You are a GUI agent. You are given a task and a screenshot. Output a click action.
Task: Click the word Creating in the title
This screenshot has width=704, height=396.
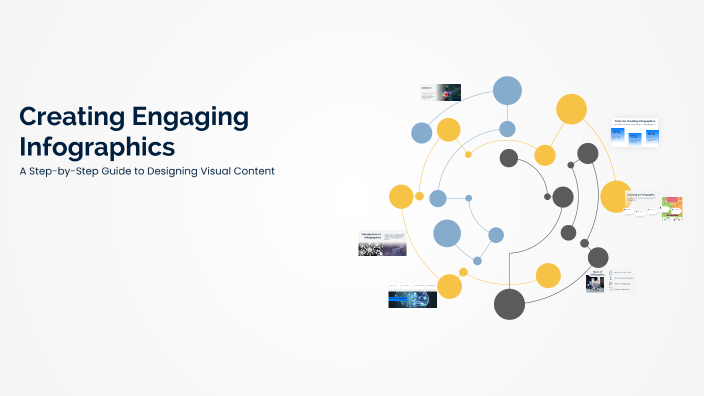(66, 117)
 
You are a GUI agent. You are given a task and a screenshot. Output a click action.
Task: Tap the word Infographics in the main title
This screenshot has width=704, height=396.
(97, 148)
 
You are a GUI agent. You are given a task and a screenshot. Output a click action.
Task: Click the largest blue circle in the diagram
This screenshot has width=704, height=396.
(508, 90)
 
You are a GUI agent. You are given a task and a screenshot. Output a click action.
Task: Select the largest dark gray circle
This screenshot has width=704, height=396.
(509, 303)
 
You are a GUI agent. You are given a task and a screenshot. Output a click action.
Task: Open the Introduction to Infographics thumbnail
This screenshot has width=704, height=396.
(382, 243)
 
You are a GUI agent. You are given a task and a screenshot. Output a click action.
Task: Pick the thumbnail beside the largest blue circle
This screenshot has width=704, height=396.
(440, 92)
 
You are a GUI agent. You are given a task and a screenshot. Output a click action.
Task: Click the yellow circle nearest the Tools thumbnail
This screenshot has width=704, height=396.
(571, 108)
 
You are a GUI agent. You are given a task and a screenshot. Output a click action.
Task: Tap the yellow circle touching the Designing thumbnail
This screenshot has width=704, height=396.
(614, 196)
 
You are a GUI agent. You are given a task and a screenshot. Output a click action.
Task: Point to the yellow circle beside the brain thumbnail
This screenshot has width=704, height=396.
(449, 287)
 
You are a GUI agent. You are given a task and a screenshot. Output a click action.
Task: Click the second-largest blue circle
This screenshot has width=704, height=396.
(446, 234)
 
